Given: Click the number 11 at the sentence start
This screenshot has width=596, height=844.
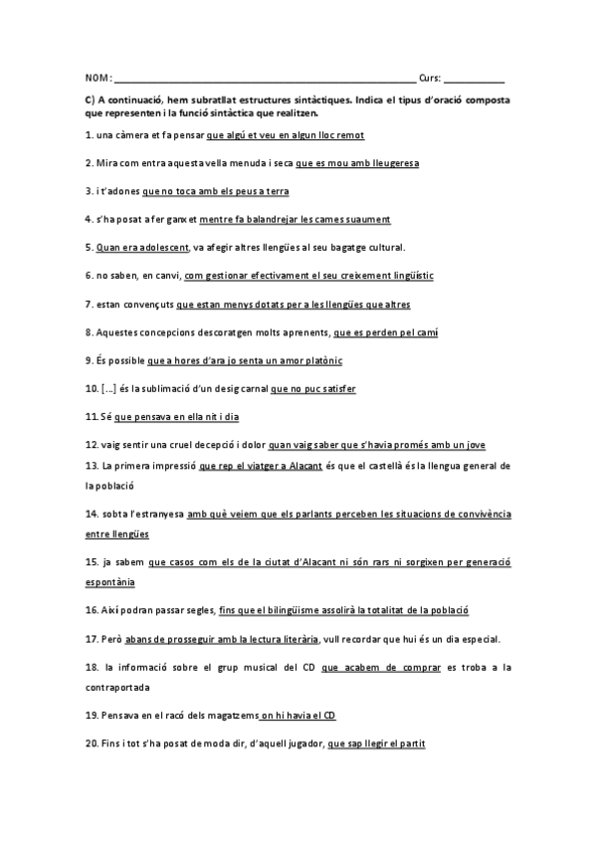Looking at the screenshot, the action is click(x=91, y=417).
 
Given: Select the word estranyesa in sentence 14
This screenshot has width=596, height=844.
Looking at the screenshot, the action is click(x=159, y=514).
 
